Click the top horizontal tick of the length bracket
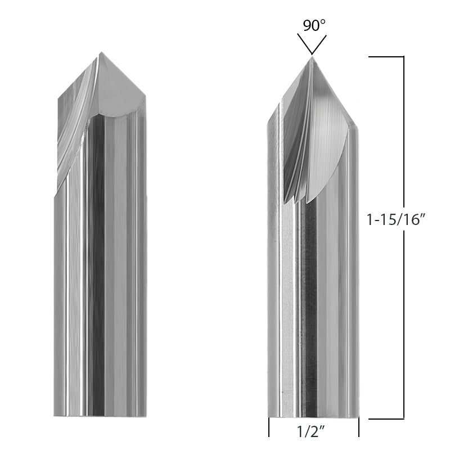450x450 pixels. point(386,57)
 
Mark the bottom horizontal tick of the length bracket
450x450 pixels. point(386,418)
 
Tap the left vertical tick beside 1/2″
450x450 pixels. point(269,427)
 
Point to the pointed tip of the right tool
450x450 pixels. point(310,57)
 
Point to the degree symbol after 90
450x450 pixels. point(323,21)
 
